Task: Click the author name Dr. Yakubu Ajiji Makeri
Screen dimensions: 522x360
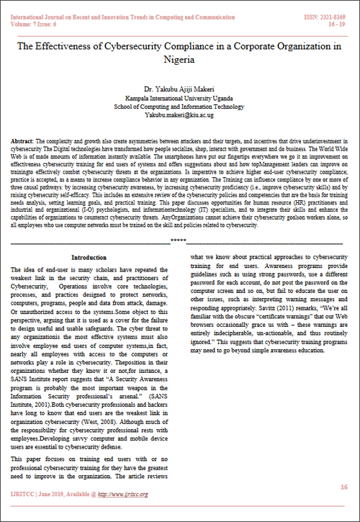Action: pos(179,89)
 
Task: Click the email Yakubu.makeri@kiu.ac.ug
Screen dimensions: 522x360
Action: pos(179,114)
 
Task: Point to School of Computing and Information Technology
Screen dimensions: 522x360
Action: pos(179,106)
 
